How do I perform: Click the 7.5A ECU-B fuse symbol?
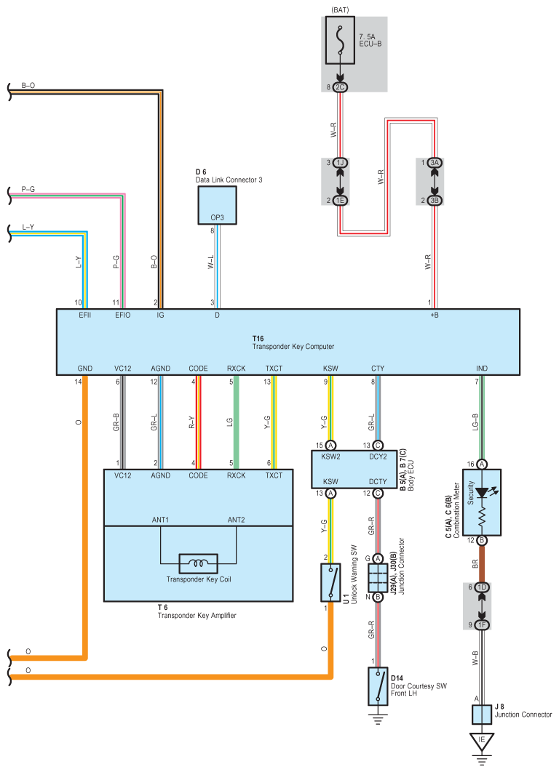point(340,41)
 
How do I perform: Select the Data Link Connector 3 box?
point(217,206)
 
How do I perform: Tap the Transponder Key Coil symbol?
point(198,563)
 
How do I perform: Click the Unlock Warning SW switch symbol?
point(330,582)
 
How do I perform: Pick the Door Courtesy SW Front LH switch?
point(378,686)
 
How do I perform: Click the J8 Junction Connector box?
point(482,715)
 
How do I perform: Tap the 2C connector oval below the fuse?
point(340,87)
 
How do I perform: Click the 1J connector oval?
point(340,163)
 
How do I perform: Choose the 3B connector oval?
point(435,201)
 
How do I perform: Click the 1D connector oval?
point(482,587)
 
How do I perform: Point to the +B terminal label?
point(435,315)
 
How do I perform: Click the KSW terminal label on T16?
point(330,369)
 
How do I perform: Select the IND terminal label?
point(482,369)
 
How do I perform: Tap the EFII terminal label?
point(84,315)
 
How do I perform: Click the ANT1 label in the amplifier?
point(160,520)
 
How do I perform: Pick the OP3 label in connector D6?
point(217,217)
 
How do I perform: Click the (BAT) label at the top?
point(340,10)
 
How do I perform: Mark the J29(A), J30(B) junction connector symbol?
point(378,578)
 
